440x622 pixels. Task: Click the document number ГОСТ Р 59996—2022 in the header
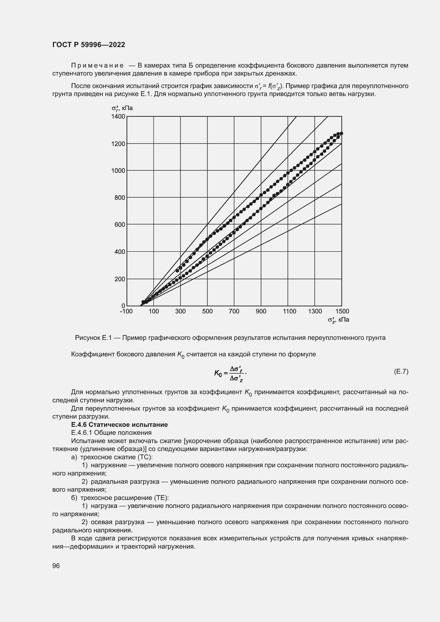coord(89,45)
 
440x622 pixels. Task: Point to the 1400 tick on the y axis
coord(118,116)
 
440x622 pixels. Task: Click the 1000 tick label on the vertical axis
coord(118,171)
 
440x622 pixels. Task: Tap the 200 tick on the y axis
coord(120,279)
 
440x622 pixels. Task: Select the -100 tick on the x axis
coord(126,312)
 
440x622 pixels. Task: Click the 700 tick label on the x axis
coord(234,312)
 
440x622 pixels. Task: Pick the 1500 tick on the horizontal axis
coord(342,312)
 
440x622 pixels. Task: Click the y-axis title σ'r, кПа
coord(122,108)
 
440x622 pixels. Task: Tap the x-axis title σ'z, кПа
coord(338,320)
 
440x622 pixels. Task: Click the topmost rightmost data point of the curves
coord(341,133)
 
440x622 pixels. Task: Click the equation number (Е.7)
coord(401,371)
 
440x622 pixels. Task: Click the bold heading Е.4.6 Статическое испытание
coord(119,424)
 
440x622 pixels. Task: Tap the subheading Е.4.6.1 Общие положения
coord(111,433)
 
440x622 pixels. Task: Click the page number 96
coord(56,566)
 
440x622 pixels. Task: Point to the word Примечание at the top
coord(97,66)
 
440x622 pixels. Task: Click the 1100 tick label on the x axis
coord(289,312)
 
